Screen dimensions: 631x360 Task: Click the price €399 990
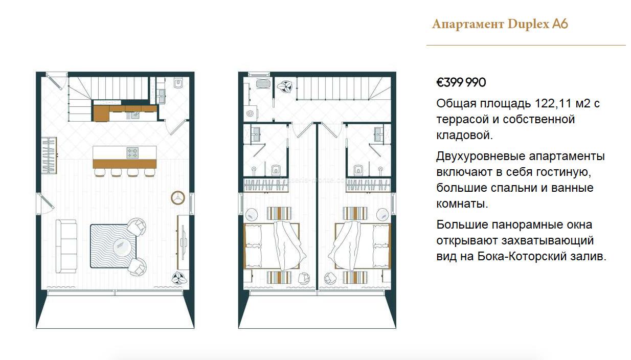tap(461, 82)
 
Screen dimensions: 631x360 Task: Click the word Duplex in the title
tap(528, 24)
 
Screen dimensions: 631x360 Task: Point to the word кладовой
tap(464, 135)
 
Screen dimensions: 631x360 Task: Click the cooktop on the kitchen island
tap(132, 153)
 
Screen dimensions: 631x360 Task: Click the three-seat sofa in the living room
tap(66, 246)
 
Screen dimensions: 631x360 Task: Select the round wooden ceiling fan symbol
tap(178, 198)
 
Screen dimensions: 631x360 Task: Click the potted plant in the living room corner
tap(179, 279)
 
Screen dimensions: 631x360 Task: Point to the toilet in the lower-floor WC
tap(178, 83)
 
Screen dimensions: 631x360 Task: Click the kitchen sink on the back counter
tap(135, 115)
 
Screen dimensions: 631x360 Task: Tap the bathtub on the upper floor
tap(263, 84)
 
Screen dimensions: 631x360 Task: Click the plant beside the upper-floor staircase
tap(285, 85)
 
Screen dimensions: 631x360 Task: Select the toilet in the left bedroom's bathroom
tap(276, 170)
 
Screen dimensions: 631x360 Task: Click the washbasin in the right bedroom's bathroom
tap(378, 134)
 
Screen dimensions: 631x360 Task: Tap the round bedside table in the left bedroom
tap(251, 215)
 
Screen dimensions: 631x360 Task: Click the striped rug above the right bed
tap(355, 213)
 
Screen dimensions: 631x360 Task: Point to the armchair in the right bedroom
tap(330, 278)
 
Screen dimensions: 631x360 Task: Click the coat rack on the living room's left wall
tap(49, 155)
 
